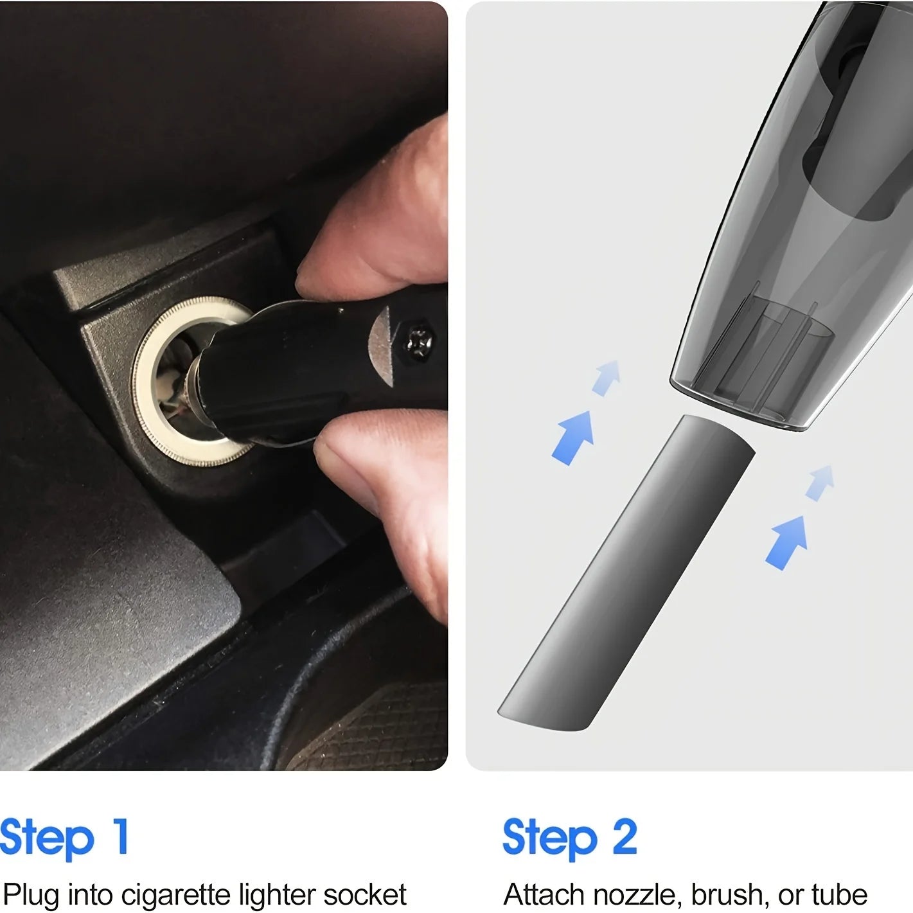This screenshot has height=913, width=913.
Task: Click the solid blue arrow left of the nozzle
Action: (x=573, y=436)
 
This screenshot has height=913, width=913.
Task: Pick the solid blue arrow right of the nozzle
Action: (x=786, y=541)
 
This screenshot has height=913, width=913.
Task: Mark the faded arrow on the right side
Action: (x=820, y=481)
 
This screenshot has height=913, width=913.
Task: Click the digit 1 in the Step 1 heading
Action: (x=120, y=836)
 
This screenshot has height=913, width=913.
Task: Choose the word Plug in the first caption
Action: (x=31, y=895)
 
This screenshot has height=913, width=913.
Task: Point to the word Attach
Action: (x=544, y=895)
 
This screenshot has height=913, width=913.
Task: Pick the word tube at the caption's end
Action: (x=839, y=895)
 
